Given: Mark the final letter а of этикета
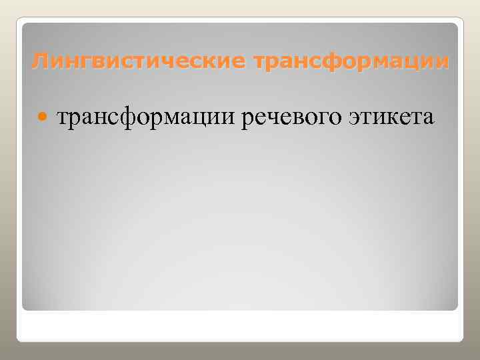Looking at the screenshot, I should [428, 117].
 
